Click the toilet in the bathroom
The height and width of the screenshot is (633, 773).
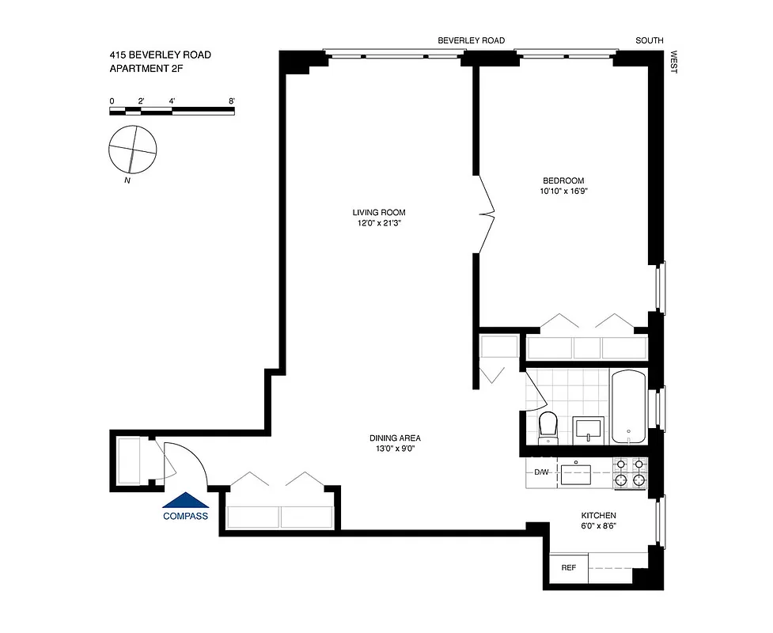[548, 428]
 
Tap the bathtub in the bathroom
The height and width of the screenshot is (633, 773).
[628, 407]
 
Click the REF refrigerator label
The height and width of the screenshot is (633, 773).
[568, 567]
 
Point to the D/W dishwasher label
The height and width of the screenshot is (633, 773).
[541, 472]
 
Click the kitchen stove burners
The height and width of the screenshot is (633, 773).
[631, 472]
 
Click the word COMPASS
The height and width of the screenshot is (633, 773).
[185, 517]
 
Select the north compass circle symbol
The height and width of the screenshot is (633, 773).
[132, 149]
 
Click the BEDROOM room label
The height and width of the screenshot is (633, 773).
[563, 180]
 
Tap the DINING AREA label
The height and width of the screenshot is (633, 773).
[394, 438]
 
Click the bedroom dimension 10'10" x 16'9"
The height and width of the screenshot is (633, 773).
[563, 191]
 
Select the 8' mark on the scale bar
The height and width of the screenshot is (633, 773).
[232, 101]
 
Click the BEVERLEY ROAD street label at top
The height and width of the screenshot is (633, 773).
[472, 40]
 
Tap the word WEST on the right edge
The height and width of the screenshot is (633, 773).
[674, 63]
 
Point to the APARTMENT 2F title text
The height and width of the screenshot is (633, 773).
[150, 69]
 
